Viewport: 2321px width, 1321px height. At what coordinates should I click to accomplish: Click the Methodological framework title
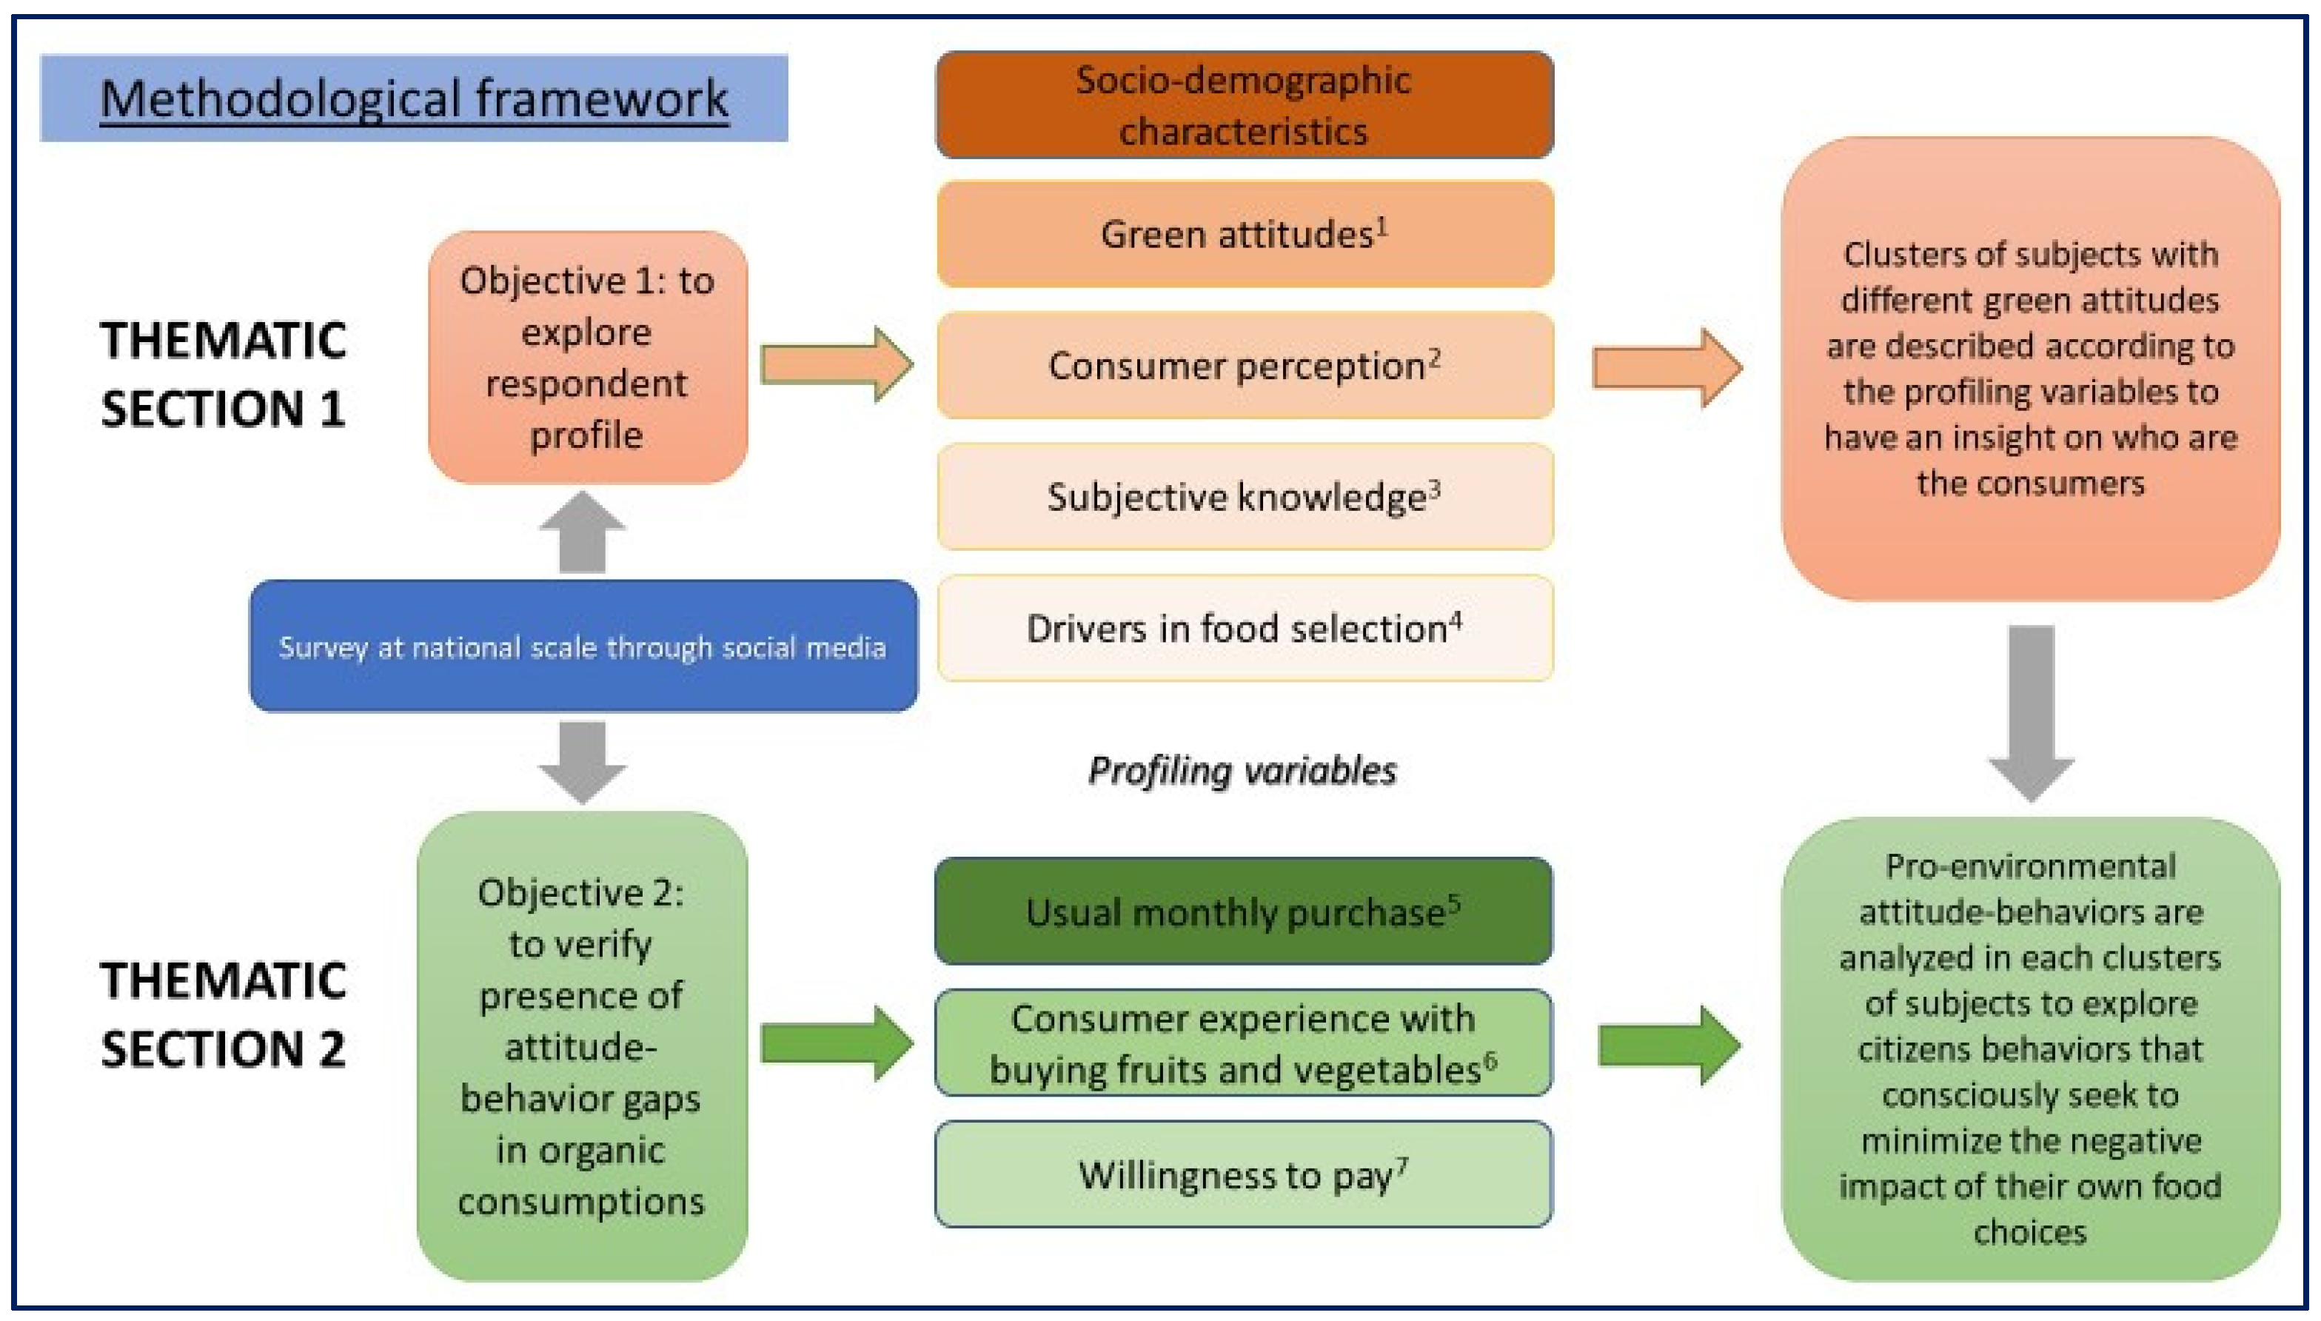[414, 98]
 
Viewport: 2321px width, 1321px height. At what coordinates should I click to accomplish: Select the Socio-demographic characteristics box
[1244, 105]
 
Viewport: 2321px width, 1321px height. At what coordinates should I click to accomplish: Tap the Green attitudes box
[1244, 234]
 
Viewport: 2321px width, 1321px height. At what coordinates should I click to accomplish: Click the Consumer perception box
[1244, 366]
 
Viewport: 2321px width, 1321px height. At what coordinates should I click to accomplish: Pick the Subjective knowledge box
[1244, 496]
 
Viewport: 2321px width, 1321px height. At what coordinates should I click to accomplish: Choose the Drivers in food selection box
[1244, 628]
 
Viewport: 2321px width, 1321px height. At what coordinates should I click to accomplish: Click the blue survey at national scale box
[583, 646]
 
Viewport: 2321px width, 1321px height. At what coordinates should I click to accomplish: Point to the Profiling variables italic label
[1242, 770]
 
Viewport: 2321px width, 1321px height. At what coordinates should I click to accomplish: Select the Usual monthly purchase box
[1242, 911]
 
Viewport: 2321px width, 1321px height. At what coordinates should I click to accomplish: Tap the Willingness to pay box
[1242, 1174]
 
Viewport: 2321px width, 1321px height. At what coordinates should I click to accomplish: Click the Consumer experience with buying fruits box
[1242, 1043]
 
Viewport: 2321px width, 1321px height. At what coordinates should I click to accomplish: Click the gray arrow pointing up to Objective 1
[583, 533]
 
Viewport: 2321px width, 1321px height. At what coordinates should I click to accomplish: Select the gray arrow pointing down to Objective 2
[583, 760]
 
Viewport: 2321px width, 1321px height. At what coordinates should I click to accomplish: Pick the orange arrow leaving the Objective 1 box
[835, 365]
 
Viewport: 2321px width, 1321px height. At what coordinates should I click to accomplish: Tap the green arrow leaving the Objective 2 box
[835, 1043]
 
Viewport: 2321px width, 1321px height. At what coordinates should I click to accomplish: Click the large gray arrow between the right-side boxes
[2030, 712]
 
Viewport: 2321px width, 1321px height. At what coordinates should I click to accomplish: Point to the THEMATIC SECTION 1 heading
[223, 374]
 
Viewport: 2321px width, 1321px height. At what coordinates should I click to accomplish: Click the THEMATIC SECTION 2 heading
[223, 1014]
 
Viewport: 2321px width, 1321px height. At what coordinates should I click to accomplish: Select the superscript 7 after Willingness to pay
[1402, 1164]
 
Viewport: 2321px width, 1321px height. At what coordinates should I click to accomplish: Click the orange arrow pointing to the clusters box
[1666, 367]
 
